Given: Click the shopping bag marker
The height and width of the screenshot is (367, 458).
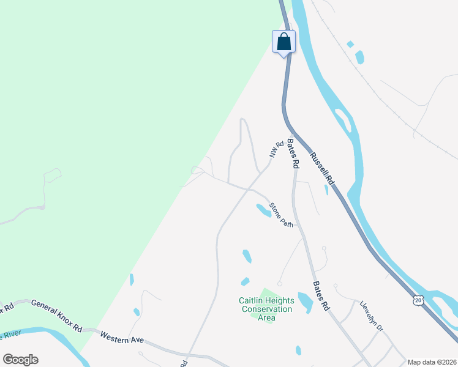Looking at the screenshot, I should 283,42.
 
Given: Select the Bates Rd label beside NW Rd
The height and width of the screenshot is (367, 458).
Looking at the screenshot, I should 293,154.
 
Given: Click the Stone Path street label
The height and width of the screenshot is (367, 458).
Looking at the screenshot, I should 282,215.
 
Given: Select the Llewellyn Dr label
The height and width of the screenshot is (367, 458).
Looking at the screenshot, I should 371,317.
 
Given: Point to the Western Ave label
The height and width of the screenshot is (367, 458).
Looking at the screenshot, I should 121,336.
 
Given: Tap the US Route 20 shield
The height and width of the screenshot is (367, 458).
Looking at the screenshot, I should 418,300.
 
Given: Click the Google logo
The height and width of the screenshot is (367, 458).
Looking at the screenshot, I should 20,359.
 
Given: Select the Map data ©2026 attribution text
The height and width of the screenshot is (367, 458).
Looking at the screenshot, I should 431,361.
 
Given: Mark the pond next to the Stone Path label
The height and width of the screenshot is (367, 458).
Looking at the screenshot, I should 263,210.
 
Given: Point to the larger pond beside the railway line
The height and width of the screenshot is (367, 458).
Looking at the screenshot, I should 359,57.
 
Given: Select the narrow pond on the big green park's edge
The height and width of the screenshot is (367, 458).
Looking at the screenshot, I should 132,280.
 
